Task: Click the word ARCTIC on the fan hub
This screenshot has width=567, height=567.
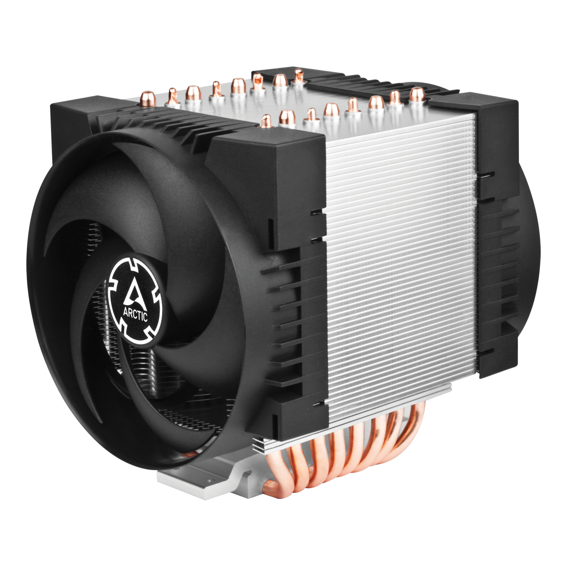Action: pos(136,315)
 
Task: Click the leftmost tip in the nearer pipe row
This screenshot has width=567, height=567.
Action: pos(266,121)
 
